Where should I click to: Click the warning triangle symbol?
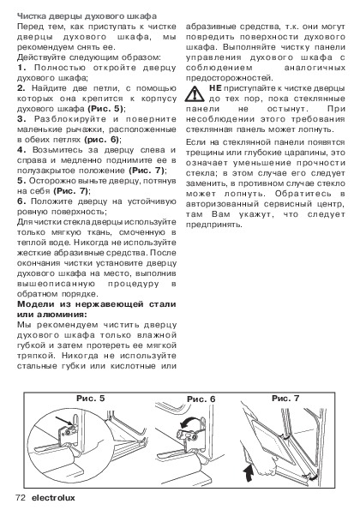tap(195, 93)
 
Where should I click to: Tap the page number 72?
tap(21, 498)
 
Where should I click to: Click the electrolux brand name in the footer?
tap(53, 498)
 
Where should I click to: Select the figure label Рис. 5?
tap(91, 399)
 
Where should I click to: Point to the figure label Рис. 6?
tap(201, 399)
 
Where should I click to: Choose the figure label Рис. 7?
tap(285, 398)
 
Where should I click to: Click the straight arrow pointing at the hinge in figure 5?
tap(63, 420)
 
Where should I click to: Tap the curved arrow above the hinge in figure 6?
tap(189, 422)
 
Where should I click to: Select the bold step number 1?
tap(21, 68)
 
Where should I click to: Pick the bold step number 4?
tap(21, 150)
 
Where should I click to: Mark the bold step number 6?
tap(21, 201)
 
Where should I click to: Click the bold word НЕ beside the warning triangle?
tap(215, 88)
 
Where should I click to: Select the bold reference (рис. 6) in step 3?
tap(102, 140)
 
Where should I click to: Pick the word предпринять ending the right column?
tap(214, 225)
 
